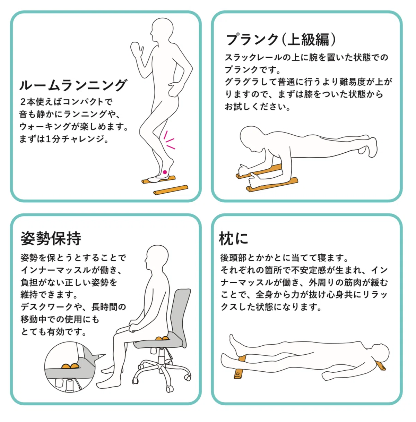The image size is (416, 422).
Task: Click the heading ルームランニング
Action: (x=73, y=85)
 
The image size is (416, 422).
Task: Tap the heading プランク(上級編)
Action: (x=281, y=40)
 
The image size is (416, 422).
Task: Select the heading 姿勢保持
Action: (x=51, y=238)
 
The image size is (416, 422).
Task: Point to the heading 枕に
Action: (x=234, y=238)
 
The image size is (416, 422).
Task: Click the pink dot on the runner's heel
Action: (x=165, y=172)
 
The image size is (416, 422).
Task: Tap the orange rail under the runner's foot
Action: (x=159, y=179)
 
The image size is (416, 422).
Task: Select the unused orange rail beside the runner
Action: (x=171, y=190)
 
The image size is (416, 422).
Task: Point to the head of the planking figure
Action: (x=252, y=138)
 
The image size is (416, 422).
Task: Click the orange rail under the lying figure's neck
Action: (x=381, y=365)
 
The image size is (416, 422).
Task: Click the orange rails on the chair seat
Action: (x=162, y=339)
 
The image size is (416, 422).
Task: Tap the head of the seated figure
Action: (x=157, y=257)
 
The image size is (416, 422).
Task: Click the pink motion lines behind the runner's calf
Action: (x=169, y=140)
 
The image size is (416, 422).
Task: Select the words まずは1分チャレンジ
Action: (x=64, y=139)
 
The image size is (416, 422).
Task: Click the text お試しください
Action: (x=258, y=107)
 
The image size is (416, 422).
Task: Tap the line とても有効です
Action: (x=53, y=332)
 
